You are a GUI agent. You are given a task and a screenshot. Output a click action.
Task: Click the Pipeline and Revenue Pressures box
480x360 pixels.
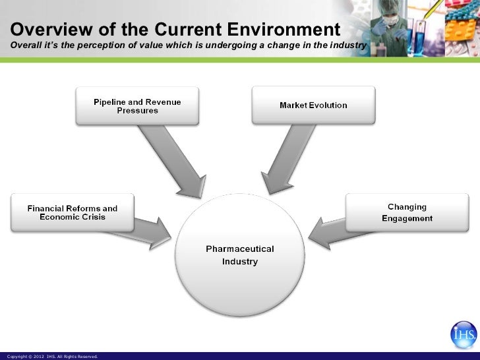click(x=137, y=105)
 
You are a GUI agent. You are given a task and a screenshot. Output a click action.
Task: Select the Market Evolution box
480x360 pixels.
click(x=313, y=105)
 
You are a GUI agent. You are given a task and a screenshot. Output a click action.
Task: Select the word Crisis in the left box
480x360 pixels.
click(x=92, y=217)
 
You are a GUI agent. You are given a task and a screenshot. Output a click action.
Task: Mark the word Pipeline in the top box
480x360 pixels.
click(x=111, y=102)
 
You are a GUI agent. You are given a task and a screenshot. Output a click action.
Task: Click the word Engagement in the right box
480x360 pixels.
click(x=407, y=218)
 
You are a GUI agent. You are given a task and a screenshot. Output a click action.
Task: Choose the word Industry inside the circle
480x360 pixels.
click(x=239, y=262)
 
